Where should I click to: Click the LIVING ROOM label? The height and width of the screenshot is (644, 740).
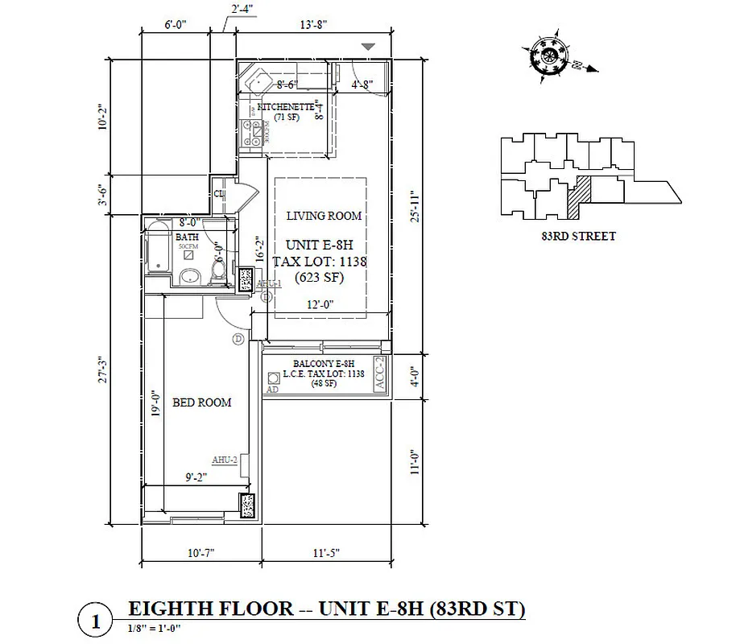click(325, 216)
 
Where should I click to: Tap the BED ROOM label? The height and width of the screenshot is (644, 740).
click(201, 402)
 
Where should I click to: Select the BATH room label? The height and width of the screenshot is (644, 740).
click(187, 237)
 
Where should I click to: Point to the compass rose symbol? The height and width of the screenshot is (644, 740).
click(551, 56)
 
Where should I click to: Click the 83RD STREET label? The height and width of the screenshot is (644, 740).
click(579, 236)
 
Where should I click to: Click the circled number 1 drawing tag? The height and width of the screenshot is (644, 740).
click(96, 621)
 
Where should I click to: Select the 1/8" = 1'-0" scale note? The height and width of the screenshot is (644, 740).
click(155, 627)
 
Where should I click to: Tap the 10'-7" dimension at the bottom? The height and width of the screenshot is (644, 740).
click(201, 553)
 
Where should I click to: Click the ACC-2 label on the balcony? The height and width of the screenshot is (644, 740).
click(382, 376)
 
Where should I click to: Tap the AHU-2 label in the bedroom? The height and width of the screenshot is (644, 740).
click(224, 460)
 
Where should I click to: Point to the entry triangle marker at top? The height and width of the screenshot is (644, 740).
click(368, 48)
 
